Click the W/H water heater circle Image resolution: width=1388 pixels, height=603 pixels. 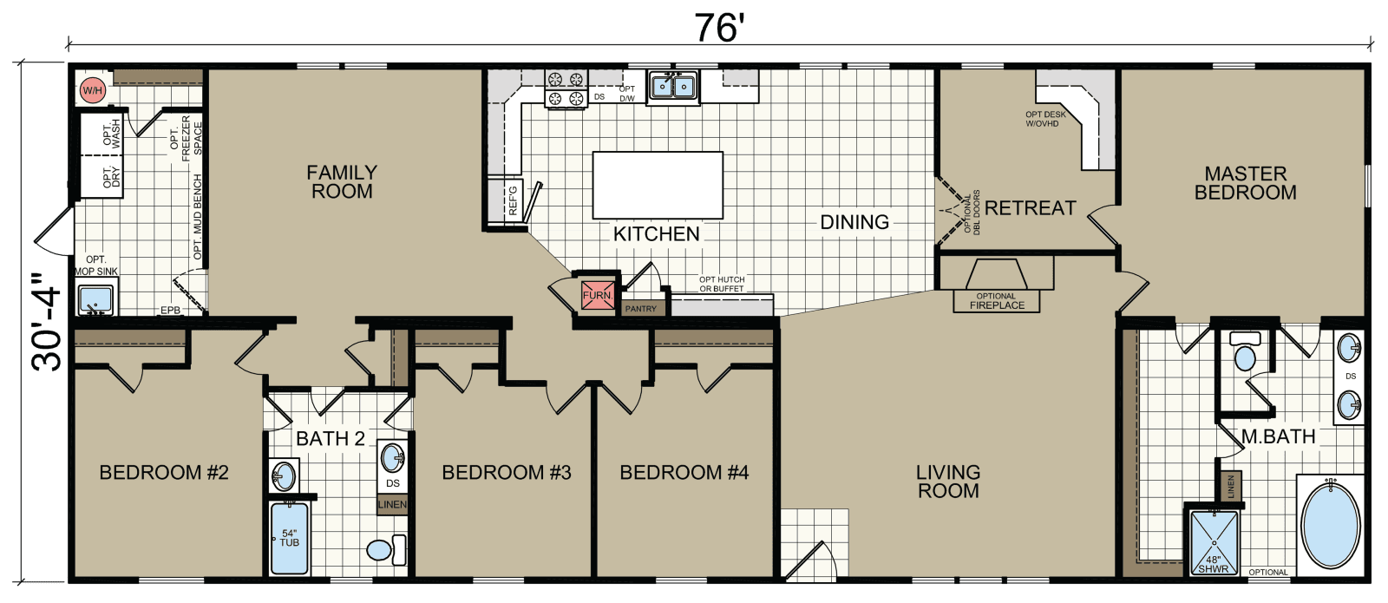tap(92, 90)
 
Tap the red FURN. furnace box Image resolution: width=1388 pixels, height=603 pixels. tap(597, 295)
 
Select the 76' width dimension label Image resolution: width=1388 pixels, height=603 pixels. tap(719, 28)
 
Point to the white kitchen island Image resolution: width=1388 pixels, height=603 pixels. tap(658, 185)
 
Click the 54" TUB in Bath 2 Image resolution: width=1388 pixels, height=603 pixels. tap(289, 538)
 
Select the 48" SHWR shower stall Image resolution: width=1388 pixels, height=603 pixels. tap(1213, 543)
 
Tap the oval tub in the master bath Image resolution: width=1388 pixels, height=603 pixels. tap(1331, 525)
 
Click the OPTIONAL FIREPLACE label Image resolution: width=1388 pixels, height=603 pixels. tap(997, 301)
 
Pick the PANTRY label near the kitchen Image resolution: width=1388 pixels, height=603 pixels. tap(641, 309)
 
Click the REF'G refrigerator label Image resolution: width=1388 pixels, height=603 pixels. tap(512, 201)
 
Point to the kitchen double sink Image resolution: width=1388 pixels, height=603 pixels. tap(673, 87)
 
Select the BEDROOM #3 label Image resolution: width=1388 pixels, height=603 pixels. tap(507, 473)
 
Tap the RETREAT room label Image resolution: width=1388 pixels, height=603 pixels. tap(1030, 208)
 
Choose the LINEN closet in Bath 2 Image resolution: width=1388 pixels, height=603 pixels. tap(392, 504)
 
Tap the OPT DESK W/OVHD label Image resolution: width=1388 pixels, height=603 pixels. tap(1044, 119)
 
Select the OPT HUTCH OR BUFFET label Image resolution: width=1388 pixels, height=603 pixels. tap(722, 284)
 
